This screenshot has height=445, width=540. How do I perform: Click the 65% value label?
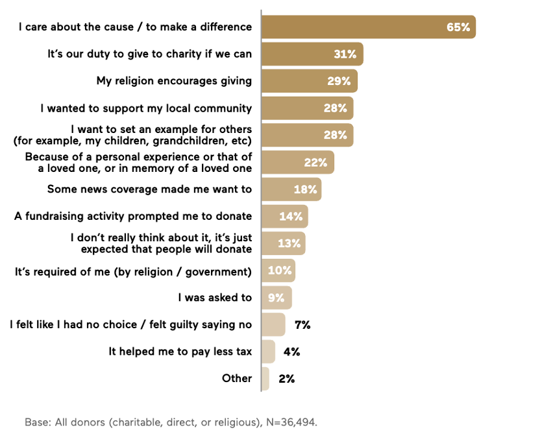click(458, 27)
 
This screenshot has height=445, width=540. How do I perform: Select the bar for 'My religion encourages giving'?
click(309, 81)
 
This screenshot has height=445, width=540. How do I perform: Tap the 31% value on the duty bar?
click(345, 54)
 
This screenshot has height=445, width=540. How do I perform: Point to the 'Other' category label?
click(237, 378)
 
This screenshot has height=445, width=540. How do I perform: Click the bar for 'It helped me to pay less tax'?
click(268, 352)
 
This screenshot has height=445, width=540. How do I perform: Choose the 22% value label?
click(315, 162)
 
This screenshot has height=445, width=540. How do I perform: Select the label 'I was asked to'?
click(215, 297)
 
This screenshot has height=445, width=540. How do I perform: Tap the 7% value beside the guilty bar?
click(302, 324)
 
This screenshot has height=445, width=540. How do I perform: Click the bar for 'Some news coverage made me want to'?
click(291, 189)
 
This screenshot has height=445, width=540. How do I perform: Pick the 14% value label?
click(291, 217)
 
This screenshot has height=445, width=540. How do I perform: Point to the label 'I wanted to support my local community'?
click(146, 108)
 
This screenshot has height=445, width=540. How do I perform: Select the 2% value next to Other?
click(286, 379)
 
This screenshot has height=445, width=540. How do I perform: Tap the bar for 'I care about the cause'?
click(368, 27)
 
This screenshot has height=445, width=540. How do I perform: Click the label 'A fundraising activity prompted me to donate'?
click(133, 216)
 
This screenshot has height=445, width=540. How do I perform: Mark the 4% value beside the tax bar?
click(291, 352)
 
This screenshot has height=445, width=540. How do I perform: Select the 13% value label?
click(289, 243)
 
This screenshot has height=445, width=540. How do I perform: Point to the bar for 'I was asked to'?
click(276, 298)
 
